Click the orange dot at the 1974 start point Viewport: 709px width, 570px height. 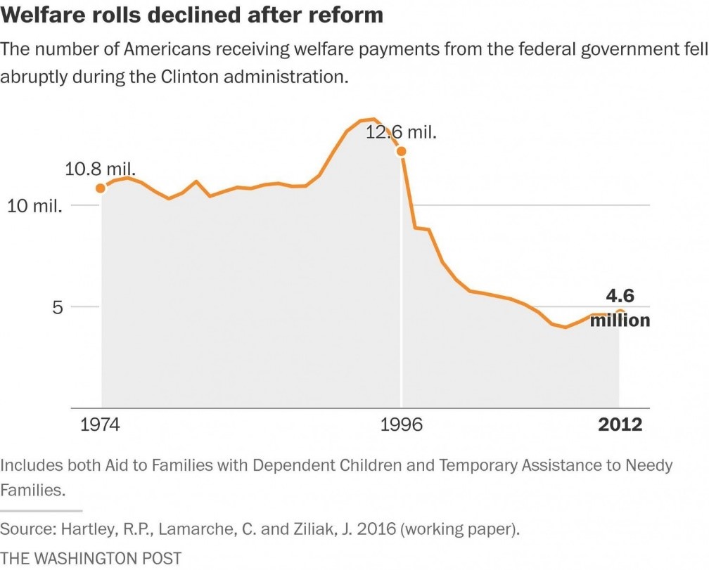(x=101, y=188)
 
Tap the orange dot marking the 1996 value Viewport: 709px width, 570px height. (x=401, y=151)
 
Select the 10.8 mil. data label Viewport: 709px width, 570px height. (x=100, y=169)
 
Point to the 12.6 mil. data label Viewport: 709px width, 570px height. (x=401, y=132)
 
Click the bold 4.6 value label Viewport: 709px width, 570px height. (x=620, y=296)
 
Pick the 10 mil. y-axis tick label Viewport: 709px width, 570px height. (x=35, y=207)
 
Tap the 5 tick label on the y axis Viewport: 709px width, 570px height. (x=58, y=308)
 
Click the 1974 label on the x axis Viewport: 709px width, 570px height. (x=100, y=425)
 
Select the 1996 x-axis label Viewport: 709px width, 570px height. (x=402, y=425)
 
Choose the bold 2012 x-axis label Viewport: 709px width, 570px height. (x=620, y=425)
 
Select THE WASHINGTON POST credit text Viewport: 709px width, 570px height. (x=91, y=558)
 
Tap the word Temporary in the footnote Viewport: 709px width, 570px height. (x=478, y=465)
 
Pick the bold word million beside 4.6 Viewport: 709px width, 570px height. (x=620, y=320)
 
